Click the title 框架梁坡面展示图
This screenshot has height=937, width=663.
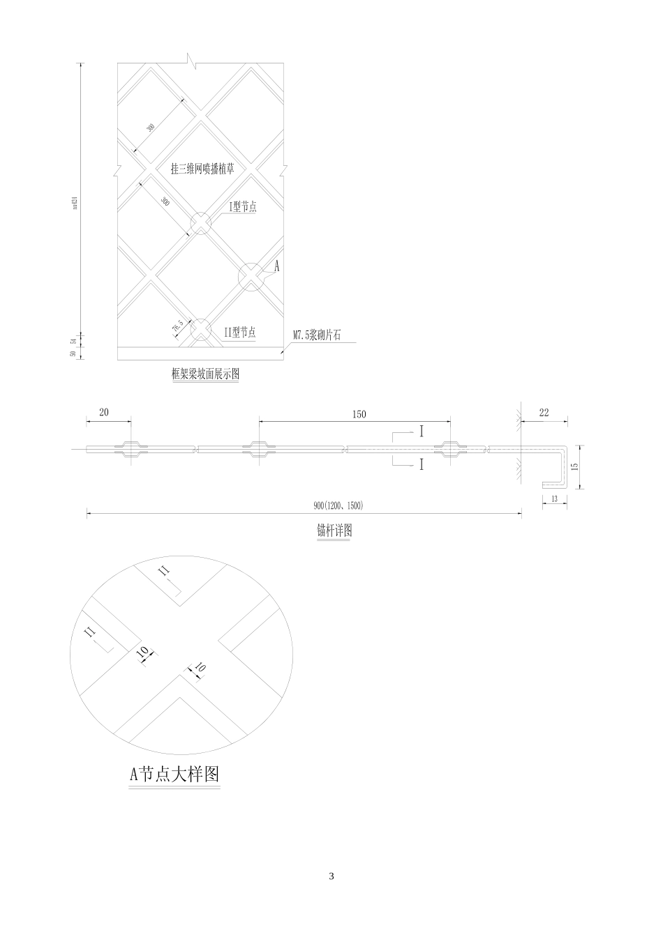(205, 374)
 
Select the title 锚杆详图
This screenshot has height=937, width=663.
(334, 531)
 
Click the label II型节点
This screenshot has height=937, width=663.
(239, 333)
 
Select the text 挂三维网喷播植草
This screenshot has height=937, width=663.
(202, 169)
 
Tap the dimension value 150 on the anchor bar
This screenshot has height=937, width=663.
(358, 414)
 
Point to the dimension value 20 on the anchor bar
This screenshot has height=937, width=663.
(104, 413)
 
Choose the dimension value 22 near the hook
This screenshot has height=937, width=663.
(544, 413)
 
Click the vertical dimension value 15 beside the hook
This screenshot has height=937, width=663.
(574, 467)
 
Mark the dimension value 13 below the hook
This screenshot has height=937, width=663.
(553, 498)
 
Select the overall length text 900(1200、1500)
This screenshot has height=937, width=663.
(338, 505)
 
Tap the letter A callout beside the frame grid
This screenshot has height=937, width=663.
(276, 266)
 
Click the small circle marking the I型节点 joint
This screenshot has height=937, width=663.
(200, 224)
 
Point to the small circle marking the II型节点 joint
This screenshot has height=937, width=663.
(200, 330)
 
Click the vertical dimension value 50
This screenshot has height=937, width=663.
(73, 353)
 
